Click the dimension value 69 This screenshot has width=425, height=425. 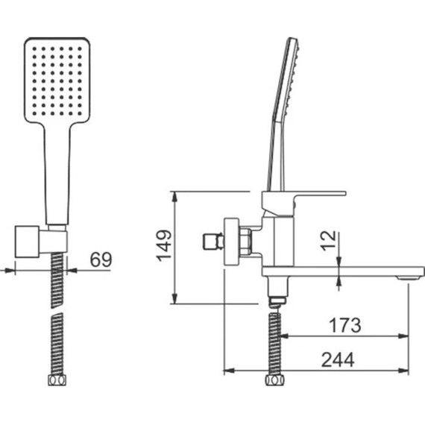(x=101, y=259)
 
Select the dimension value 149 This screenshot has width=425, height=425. (x=164, y=246)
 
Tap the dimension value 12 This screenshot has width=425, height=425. (x=328, y=241)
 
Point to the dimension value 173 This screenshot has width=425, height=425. (x=344, y=325)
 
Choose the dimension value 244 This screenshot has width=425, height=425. (x=338, y=359)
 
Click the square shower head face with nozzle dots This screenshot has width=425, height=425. (x=57, y=81)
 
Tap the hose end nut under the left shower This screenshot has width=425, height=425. (x=57, y=380)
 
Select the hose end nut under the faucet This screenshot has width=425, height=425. (x=274, y=380)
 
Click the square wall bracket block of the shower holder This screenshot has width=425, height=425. (x=27, y=242)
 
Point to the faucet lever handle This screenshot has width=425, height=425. (x=303, y=201)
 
